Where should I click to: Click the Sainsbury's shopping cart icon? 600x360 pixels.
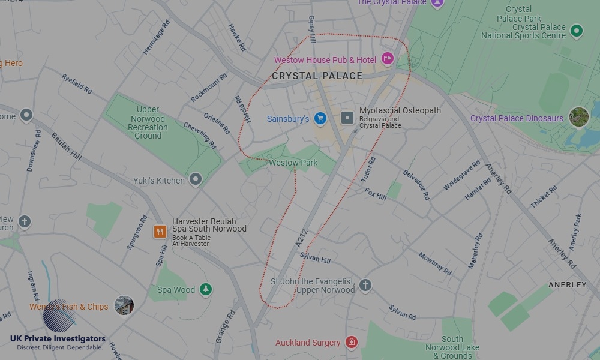pos(320,118)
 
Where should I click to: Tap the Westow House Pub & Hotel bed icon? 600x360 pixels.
pos(387,59)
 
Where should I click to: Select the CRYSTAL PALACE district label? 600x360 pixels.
pos(317,76)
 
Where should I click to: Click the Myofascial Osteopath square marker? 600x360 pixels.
pos(347,118)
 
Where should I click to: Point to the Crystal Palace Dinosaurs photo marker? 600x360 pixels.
pos(578,117)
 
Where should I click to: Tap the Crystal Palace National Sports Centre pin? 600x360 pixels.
pos(577,31)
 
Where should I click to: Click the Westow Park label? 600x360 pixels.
pos(293,163)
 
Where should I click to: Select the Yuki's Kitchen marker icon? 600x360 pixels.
pos(196,179)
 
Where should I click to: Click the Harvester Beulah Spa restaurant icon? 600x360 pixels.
pos(160,232)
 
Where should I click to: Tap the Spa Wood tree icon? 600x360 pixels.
pos(206,289)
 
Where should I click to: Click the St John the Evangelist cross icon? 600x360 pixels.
pos(365,285)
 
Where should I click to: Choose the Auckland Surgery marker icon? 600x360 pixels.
pos(352,343)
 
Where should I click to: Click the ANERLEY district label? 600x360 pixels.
pos(567,284)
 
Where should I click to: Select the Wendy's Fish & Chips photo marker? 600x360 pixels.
pos(124,305)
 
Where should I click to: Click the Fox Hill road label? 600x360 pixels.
pos(376,194)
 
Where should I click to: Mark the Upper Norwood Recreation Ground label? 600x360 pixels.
pos(148,122)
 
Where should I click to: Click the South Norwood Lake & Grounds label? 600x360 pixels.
pos(452,347)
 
